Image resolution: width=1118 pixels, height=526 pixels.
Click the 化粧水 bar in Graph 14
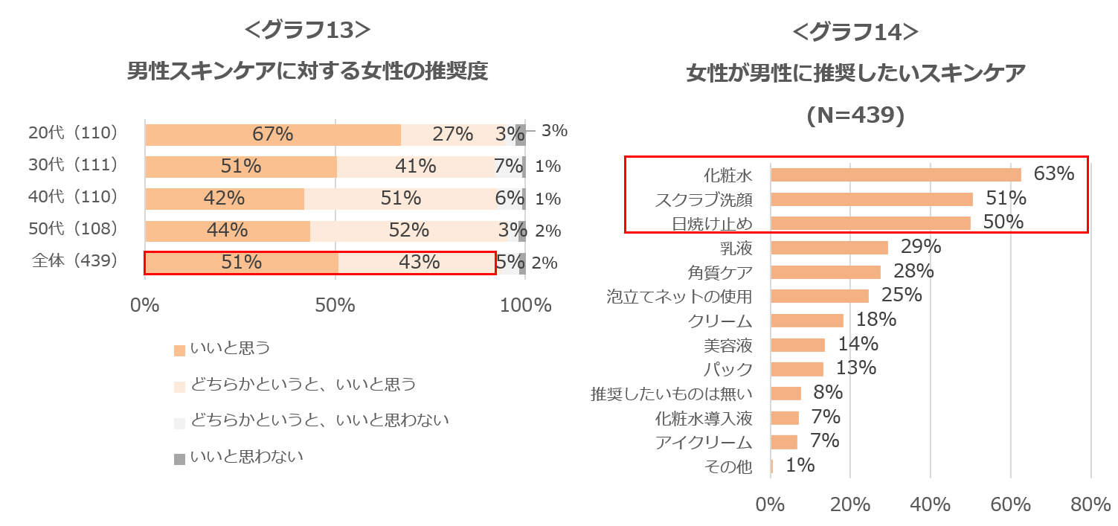click(x=896, y=175)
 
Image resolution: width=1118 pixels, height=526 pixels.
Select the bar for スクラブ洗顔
click(x=872, y=199)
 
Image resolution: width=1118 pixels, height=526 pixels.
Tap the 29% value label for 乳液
click(x=921, y=246)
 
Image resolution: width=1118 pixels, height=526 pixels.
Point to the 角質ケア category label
click(x=720, y=272)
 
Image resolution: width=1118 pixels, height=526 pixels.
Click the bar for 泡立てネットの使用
click(x=820, y=296)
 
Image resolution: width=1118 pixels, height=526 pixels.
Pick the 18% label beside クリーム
click(x=876, y=320)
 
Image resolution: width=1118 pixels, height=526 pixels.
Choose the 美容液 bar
click(x=798, y=345)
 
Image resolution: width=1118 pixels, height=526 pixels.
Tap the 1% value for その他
click(x=800, y=466)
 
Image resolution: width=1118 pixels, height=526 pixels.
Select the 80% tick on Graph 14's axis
click(x=1090, y=504)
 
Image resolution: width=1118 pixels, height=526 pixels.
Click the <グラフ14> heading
click(x=855, y=32)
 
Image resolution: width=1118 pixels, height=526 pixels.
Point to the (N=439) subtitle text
click(x=855, y=116)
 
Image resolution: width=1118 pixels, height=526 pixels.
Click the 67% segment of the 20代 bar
click(x=272, y=135)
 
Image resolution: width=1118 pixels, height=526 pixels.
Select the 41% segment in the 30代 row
click(x=415, y=167)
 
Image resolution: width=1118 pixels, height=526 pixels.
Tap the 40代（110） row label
click(x=73, y=197)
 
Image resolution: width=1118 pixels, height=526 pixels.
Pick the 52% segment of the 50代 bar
click(x=408, y=231)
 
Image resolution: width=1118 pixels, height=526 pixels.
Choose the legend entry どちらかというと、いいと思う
click(x=303, y=384)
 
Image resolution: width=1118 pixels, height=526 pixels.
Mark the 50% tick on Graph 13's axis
click(x=335, y=305)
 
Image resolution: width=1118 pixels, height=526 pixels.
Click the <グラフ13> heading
click(x=307, y=31)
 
